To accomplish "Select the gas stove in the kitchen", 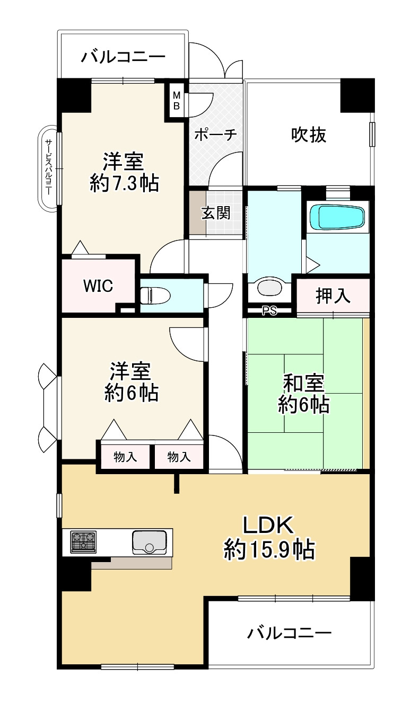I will tap(83, 541).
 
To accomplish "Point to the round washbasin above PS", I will tap(270, 288).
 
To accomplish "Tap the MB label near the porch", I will tap(177, 101).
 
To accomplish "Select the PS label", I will tap(269, 311).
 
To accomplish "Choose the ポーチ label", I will tap(214, 135).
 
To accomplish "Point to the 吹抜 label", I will tap(308, 135).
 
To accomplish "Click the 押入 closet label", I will tap(333, 296).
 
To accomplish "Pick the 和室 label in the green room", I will tap(303, 382).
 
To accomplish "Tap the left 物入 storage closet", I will tap(125, 457).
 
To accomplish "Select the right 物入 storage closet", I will tap(179, 457).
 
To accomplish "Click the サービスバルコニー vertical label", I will tap(48, 167).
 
